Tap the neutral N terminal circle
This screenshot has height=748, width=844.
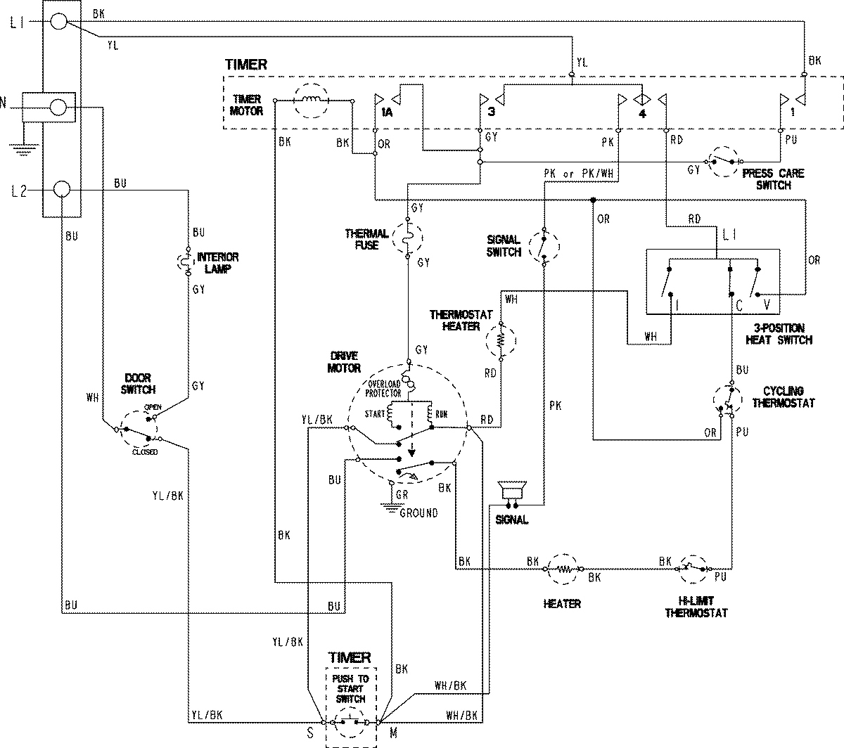[60, 108]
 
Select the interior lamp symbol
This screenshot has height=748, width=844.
[188, 263]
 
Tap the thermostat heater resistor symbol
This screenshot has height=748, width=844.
[501, 340]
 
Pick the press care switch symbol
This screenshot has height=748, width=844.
[724, 160]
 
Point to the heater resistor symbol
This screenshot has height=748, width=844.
[563, 567]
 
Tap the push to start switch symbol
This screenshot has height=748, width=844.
[350, 721]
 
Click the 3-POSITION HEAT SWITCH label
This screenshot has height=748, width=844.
[779, 334]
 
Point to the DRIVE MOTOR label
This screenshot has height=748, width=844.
[343, 363]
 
